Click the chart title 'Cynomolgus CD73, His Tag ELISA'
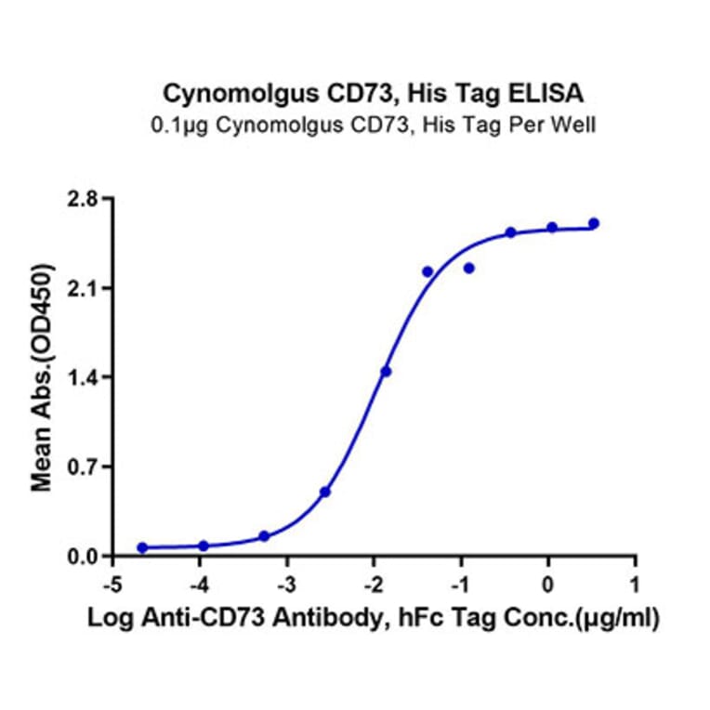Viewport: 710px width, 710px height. [374, 93]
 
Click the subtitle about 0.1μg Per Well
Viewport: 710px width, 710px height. [374, 123]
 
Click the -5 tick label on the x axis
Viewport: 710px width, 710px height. [112, 585]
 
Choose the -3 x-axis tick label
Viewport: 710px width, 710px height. [286, 585]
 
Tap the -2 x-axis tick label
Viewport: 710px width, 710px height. [373, 585]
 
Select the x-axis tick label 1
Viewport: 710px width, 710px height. [635, 585]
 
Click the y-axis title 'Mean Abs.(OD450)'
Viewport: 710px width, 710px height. [43, 377]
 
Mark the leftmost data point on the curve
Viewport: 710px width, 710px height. [142, 548]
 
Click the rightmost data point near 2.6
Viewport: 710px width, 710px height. [594, 223]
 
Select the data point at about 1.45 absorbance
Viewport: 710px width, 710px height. [386, 372]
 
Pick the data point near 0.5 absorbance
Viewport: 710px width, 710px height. [325, 492]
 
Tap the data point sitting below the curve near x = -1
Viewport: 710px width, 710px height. [469, 269]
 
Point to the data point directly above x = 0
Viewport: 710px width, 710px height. [552, 228]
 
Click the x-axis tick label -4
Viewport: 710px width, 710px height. [199, 585]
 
